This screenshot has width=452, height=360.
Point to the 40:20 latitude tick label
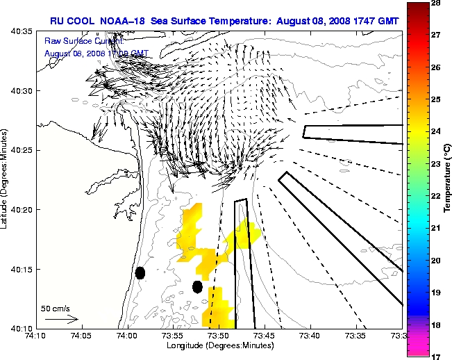[22, 209]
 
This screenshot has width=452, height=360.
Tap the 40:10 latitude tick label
[22, 327]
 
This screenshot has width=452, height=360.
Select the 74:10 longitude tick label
[36, 335]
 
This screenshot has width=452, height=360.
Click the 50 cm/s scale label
[56, 308]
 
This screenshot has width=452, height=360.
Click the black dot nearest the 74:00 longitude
[140, 272]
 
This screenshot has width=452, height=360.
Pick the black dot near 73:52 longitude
[197, 286]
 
